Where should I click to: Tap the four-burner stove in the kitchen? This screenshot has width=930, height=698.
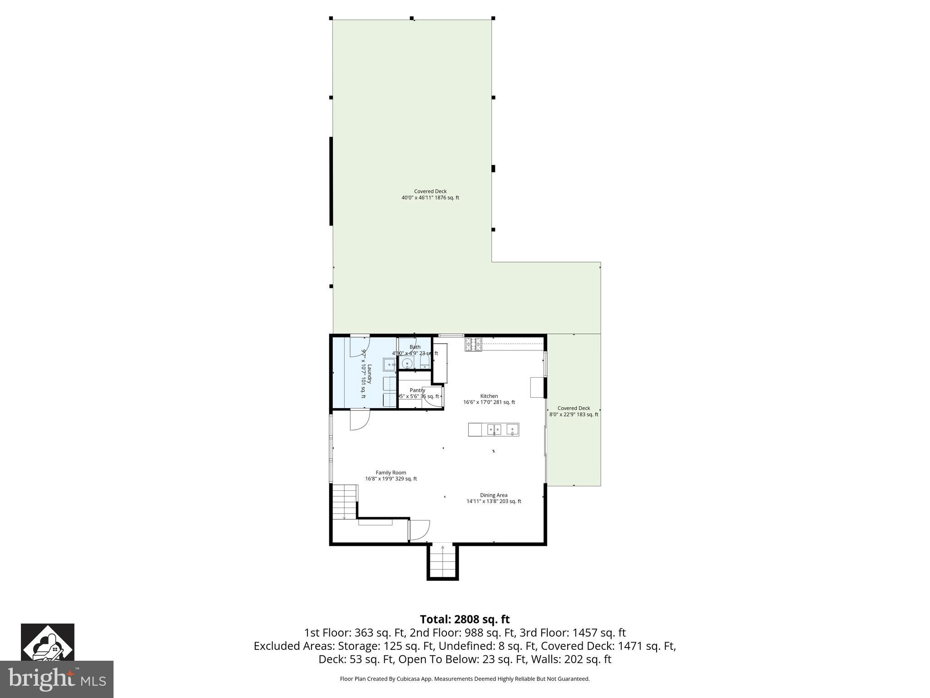click(x=473, y=344)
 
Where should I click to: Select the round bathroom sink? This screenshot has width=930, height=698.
click(x=407, y=363)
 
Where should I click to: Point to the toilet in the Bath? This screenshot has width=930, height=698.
click(x=425, y=362)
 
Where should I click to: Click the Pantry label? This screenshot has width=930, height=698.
click(x=417, y=390)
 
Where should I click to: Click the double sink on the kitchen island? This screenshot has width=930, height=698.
click(x=494, y=429)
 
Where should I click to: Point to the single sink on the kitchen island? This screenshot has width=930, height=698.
click(x=512, y=429)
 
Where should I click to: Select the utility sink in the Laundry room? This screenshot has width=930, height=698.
click(x=390, y=364)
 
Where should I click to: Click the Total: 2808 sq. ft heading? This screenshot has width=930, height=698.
click(x=465, y=619)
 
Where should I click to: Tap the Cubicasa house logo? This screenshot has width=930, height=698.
click(x=47, y=642)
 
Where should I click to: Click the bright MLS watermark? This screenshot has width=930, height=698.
click(x=57, y=679)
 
